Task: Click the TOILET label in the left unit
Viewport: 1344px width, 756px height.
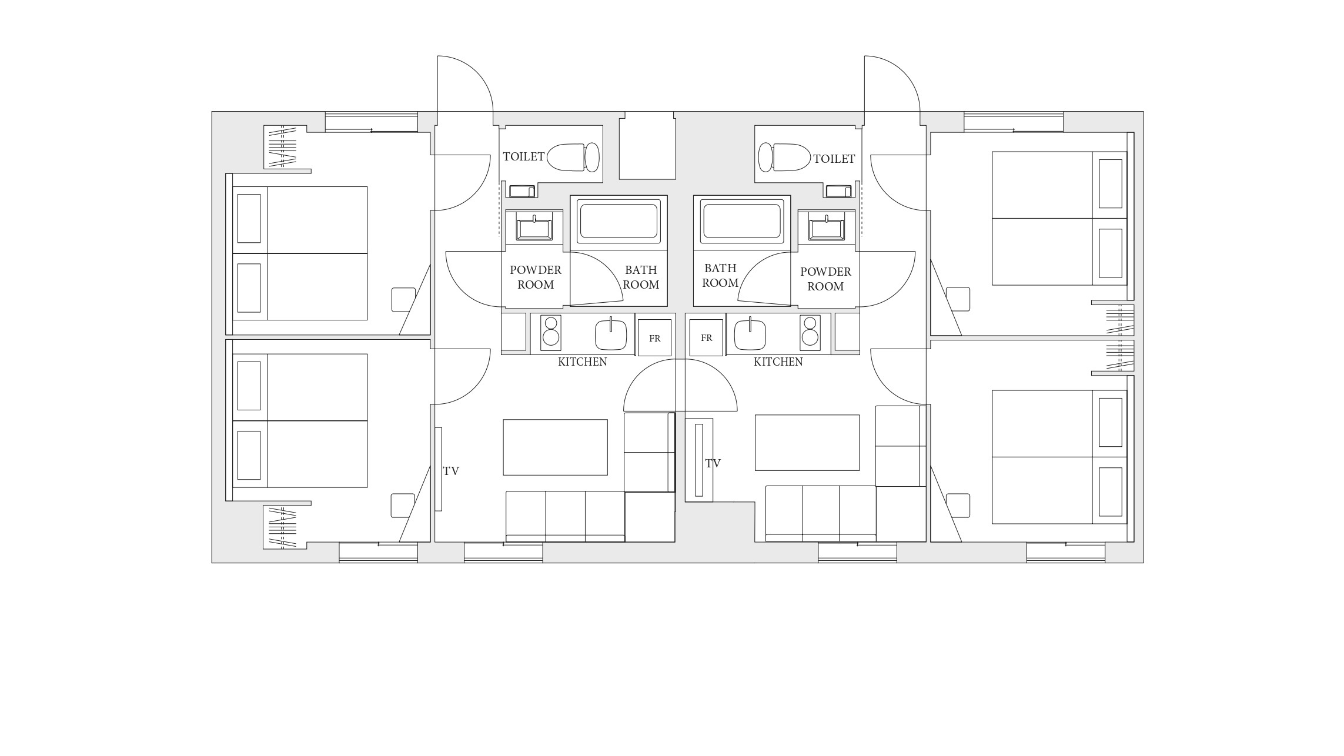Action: pyautogui.click(x=524, y=156)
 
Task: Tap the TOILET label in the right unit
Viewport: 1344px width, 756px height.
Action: pyautogui.click(x=834, y=159)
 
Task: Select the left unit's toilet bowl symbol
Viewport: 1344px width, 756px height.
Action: pyautogui.click(x=573, y=157)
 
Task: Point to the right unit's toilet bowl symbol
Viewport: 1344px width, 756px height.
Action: pyautogui.click(x=784, y=157)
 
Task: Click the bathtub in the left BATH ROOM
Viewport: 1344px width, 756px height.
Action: pyautogui.click(x=618, y=220)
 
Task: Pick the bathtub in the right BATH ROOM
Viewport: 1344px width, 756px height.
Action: pyautogui.click(x=742, y=221)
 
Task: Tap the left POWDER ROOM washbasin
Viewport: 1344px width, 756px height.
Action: pyautogui.click(x=534, y=229)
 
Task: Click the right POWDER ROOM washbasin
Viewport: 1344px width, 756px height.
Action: pyautogui.click(x=826, y=229)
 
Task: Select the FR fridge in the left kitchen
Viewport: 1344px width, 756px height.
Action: pyautogui.click(x=654, y=337)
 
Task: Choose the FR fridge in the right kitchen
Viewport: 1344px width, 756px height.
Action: pyautogui.click(x=706, y=337)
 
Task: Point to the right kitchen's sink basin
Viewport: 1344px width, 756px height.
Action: pyautogui.click(x=750, y=334)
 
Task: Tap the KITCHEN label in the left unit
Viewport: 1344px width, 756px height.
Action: pyautogui.click(x=583, y=362)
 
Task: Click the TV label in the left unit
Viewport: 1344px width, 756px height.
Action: pyautogui.click(x=451, y=471)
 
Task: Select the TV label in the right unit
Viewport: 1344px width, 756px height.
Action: pyautogui.click(x=713, y=463)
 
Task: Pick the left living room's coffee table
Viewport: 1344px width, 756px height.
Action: pyautogui.click(x=555, y=447)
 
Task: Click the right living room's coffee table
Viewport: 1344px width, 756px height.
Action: pyautogui.click(x=807, y=443)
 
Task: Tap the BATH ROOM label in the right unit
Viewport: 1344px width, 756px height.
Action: pyautogui.click(x=720, y=276)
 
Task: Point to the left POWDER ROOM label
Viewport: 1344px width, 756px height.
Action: pyautogui.click(x=536, y=277)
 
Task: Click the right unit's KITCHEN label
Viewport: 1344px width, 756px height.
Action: pyautogui.click(x=778, y=362)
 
